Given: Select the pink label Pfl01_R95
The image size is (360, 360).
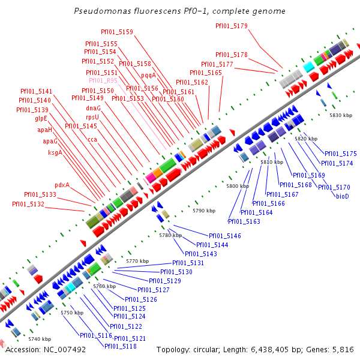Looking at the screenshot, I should click(x=103, y=80).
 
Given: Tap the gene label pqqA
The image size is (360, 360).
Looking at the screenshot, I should click(x=148, y=76).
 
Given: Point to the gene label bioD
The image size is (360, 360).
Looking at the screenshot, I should click(x=342, y=196).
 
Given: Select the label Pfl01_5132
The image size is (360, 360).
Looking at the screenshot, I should click(x=28, y=204).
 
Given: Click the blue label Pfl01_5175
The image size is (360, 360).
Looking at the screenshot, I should click(x=340, y=154).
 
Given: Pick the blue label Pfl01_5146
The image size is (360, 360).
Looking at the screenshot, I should click(x=224, y=236).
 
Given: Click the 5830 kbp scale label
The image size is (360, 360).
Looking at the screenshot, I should click(x=340, y=115).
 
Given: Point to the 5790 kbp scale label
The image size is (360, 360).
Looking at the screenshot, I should click(x=203, y=211).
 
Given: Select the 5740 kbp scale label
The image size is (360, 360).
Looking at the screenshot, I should click(x=40, y=339).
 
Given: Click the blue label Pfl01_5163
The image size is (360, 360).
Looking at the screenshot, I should click(x=244, y=221).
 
